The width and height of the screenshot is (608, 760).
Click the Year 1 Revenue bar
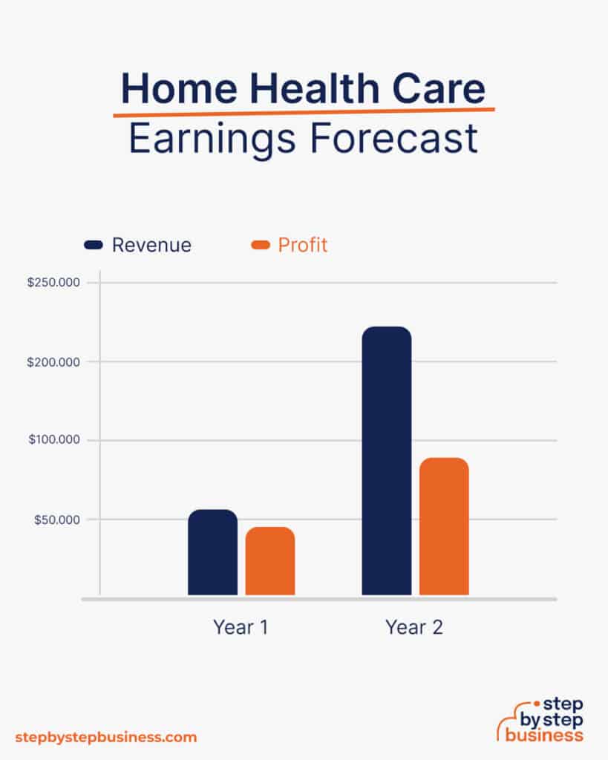click(212, 552)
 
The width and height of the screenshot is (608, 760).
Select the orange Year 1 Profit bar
click(270, 561)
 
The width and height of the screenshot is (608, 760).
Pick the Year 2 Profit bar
click(444, 526)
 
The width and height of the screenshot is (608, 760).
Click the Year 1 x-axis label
click(241, 627)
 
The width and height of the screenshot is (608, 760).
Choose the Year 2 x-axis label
click(414, 627)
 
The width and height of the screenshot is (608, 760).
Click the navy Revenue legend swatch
click(94, 245)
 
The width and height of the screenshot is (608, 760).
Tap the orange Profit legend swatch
click(261, 245)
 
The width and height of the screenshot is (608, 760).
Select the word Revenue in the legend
click(151, 245)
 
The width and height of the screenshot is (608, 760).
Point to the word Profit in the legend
click(303, 245)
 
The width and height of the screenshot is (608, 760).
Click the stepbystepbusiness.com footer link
click(106, 738)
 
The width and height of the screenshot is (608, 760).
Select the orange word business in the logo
click(544, 736)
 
